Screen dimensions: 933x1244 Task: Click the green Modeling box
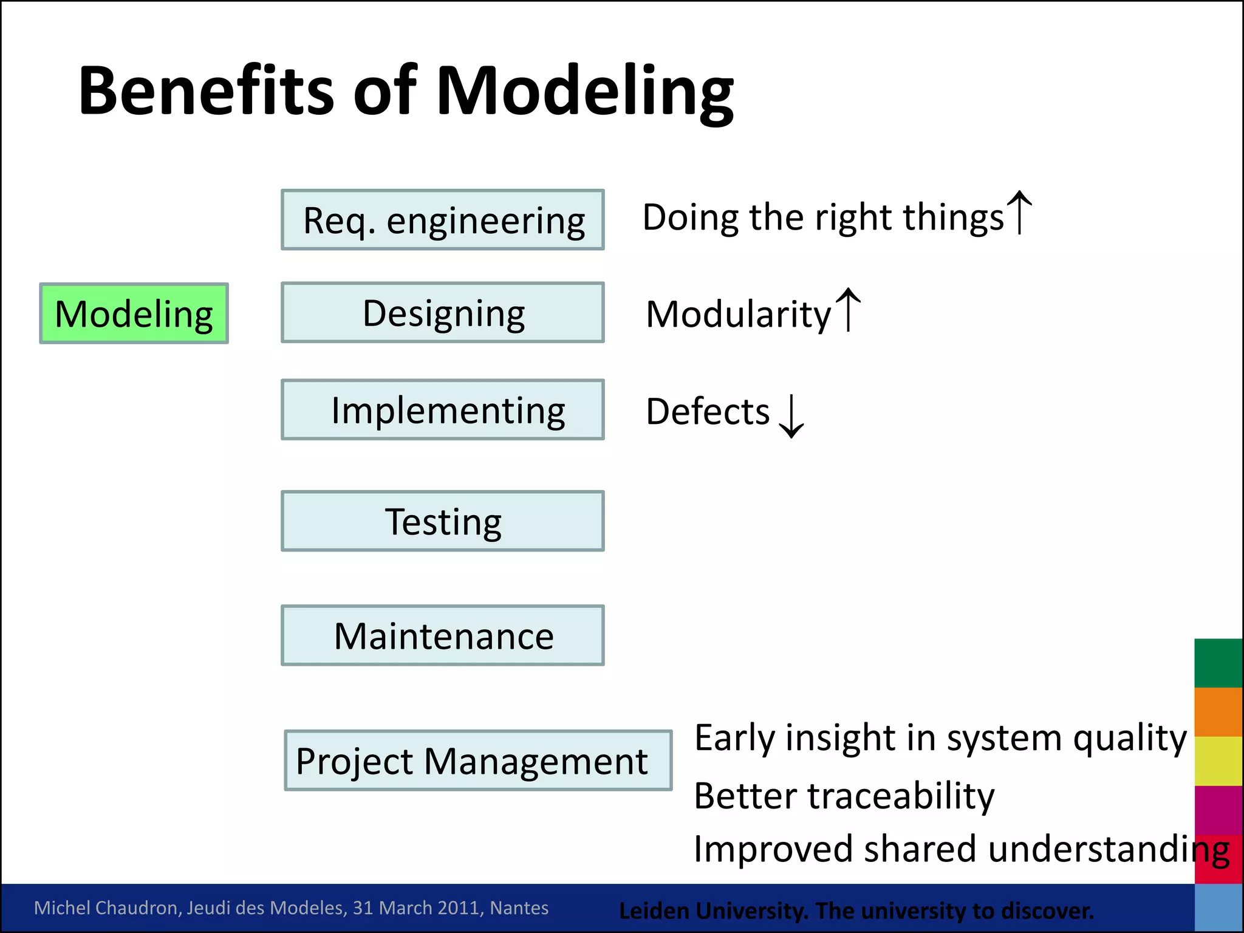point(134,313)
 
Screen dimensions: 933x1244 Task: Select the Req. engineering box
point(442,220)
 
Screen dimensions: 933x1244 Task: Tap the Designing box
point(442,313)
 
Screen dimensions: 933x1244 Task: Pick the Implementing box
point(442,410)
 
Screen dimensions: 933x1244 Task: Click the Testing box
point(442,521)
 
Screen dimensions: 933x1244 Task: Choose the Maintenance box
point(442,635)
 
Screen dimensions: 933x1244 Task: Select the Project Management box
point(478,760)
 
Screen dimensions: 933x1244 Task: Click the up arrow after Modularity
point(848,310)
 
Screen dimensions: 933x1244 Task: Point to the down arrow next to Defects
point(791,416)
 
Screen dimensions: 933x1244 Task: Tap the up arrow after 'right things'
point(1019,213)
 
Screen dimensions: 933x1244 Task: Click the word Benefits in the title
point(205,91)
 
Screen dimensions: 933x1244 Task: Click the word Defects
point(708,412)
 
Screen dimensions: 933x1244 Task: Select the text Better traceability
point(844,796)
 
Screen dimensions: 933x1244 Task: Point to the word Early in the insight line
point(734,739)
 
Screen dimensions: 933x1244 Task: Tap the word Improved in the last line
point(773,849)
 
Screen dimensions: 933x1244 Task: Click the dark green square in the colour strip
point(1218,663)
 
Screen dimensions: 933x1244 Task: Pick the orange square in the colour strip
point(1218,712)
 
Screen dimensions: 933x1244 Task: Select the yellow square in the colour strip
point(1218,761)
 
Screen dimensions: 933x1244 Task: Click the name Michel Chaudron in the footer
point(108,907)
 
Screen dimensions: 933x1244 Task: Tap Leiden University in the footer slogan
point(713,911)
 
